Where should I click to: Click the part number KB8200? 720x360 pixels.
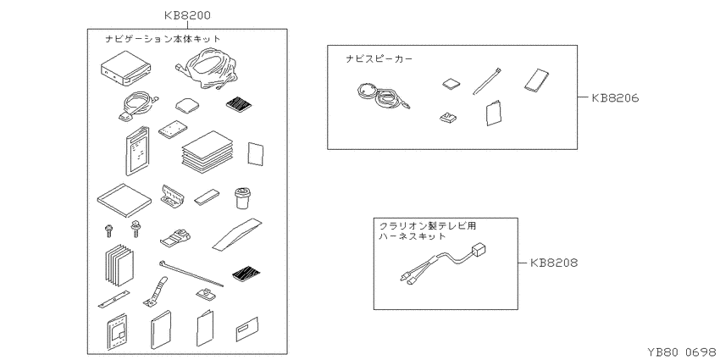coord(187,15)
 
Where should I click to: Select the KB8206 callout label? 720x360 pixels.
coord(615,97)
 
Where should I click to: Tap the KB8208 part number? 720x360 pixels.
coord(554,263)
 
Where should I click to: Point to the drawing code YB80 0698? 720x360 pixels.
coord(681,352)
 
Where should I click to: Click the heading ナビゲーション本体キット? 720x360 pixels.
coord(163,39)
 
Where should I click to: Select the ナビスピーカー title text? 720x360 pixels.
coord(379,58)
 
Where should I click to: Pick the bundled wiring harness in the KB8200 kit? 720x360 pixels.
coord(207,68)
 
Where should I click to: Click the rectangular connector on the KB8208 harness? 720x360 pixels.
coord(478,251)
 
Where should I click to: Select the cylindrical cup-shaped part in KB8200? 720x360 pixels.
coord(243,197)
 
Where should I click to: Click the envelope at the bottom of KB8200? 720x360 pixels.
coord(247,329)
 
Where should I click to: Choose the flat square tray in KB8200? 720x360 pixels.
coord(125,201)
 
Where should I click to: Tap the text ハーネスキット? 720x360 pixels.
coord(413,236)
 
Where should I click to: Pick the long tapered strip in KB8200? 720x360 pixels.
coord(237,235)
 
